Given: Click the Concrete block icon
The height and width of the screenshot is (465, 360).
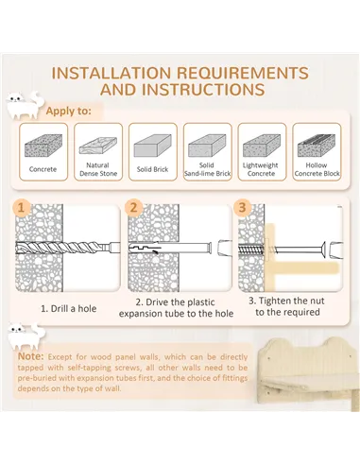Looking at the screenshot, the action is (x=43, y=146).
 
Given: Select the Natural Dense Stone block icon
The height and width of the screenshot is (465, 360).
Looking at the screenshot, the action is (x=98, y=146).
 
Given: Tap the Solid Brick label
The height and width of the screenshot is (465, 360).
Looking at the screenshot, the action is (x=152, y=169).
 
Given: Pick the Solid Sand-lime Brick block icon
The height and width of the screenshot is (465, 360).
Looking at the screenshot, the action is (x=207, y=146).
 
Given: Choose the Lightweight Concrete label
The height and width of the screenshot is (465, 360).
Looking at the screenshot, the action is (x=261, y=169).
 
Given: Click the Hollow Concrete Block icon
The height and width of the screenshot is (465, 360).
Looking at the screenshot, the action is (x=317, y=146).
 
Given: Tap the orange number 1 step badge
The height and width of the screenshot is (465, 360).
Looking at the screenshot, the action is (x=21, y=208).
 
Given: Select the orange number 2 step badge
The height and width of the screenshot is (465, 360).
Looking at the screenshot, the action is (x=133, y=208).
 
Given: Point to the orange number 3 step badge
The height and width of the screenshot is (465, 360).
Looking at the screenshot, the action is (x=242, y=208).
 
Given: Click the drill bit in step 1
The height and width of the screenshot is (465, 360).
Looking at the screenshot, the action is (x=68, y=248).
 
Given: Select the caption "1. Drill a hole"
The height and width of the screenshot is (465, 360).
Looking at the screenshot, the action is (x=69, y=308).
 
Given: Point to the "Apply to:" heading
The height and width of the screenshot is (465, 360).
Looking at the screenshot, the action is (x=69, y=111).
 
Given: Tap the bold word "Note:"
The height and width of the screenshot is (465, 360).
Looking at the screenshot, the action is (x=31, y=356).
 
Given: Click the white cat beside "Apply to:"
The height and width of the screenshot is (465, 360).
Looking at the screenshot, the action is (x=24, y=105).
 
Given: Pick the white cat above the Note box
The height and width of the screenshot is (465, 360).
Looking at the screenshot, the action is (x=26, y=336).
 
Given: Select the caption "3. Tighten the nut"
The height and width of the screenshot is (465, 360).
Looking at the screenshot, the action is (x=286, y=301).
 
